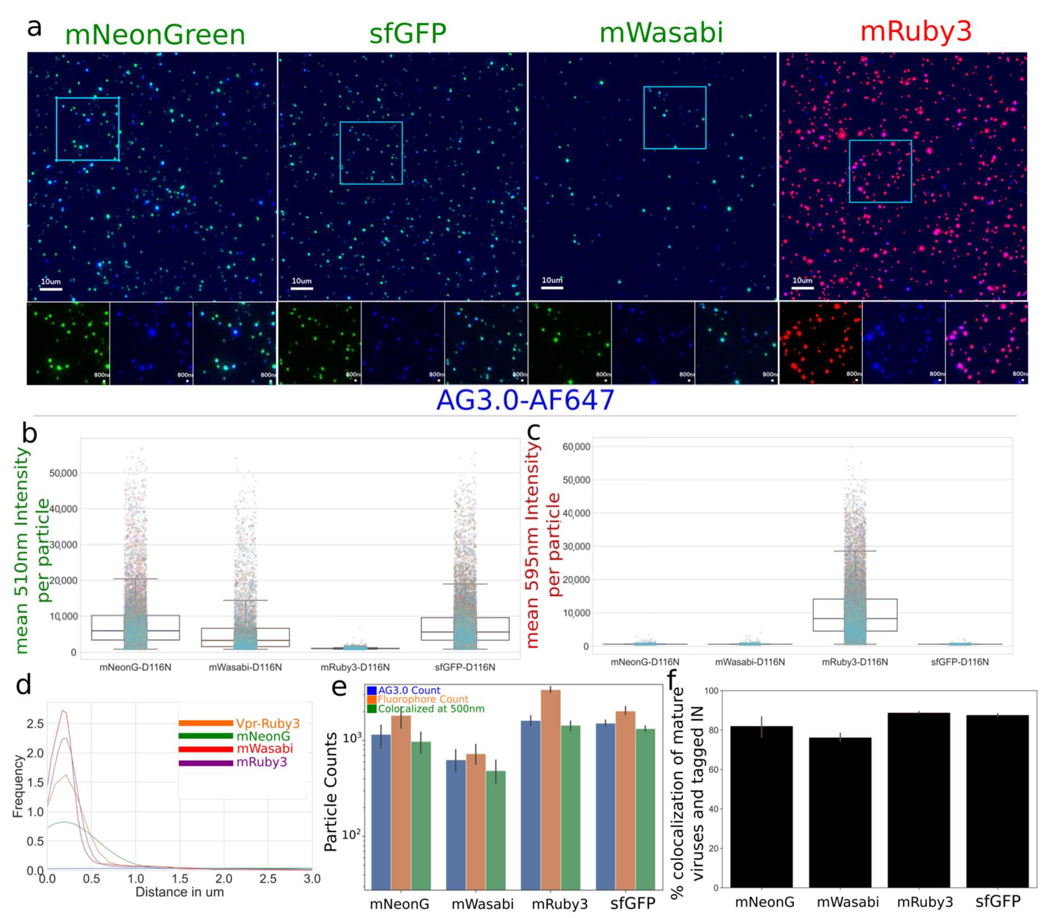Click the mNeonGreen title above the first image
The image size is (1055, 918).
point(155,35)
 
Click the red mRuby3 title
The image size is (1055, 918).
point(916,32)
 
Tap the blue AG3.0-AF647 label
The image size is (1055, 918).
point(525,400)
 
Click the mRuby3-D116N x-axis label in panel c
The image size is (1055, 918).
point(855,662)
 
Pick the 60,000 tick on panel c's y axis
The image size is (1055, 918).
point(576,447)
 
